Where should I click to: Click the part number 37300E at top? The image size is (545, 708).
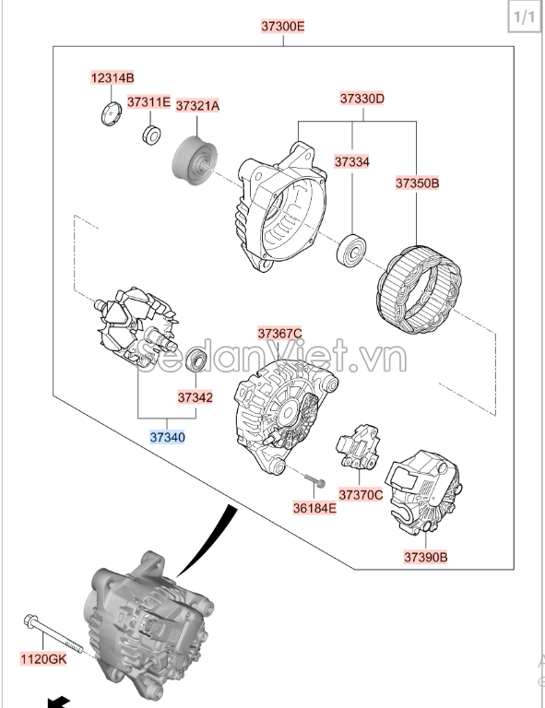click(283, 26)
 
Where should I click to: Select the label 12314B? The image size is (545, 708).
click(113, 78)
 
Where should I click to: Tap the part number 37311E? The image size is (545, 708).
click(148, 102)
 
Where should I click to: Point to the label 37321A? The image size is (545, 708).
click(197, 106)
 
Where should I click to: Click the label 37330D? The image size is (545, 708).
click(362, 99)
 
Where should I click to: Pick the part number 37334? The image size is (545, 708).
click(351, 161)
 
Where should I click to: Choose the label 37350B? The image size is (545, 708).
click(417, 183)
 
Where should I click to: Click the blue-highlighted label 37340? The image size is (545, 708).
click(167, 437)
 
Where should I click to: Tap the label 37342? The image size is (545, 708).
click(195, 397)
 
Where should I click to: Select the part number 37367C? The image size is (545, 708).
click(279, 334)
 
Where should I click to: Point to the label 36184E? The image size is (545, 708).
click(314, 508)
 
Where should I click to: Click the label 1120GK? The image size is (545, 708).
click(43, 659)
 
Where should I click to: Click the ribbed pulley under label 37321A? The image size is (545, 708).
click(195, 161)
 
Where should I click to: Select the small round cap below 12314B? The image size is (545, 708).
click(111, 113)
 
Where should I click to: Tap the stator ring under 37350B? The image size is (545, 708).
click(419, 289)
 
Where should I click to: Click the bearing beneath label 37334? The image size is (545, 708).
click(351, 250)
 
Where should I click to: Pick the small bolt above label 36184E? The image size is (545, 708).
click(315, 480)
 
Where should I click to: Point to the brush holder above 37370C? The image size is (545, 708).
click(358, 447)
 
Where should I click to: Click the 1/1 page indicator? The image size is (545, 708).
click(524, 18)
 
